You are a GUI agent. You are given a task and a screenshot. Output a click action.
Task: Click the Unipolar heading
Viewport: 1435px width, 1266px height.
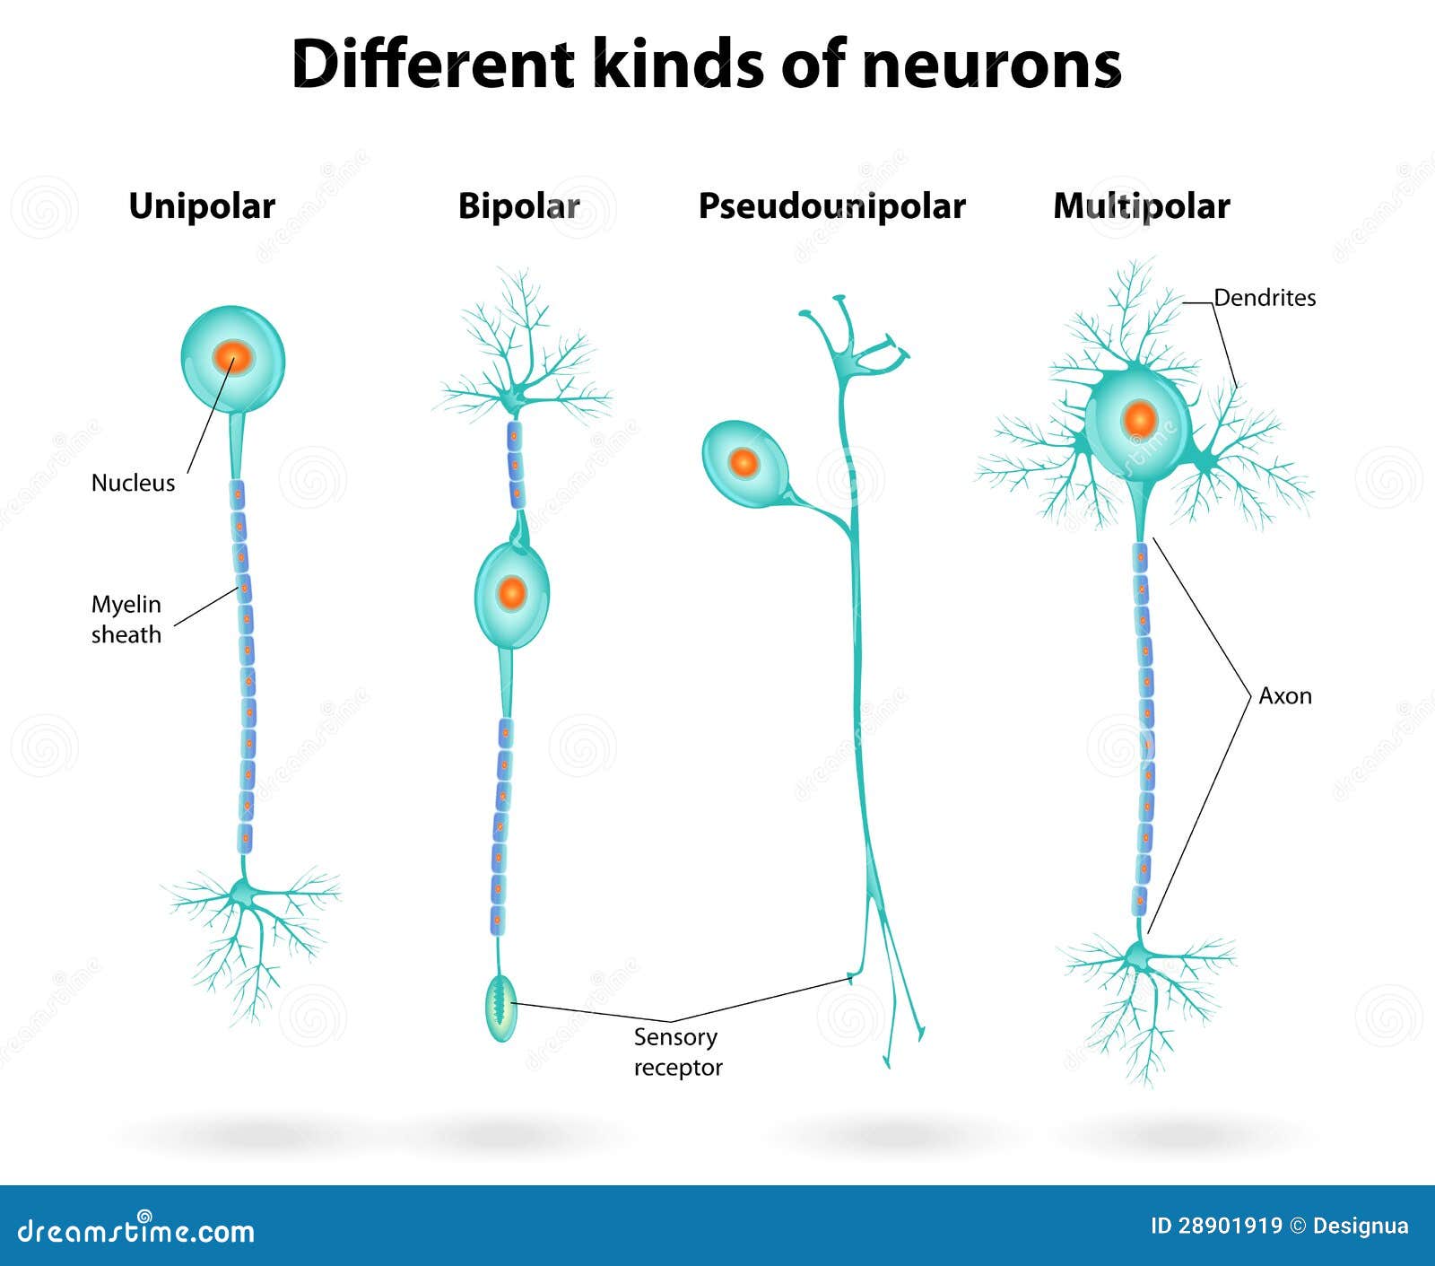click(202, 206)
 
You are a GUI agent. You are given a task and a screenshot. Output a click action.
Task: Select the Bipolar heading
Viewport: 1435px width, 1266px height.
click(518, 206)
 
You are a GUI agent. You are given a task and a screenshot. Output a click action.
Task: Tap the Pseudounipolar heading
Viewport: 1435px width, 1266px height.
click(831, 206)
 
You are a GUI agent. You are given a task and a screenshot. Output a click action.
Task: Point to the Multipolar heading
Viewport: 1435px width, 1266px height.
click(1141, 206)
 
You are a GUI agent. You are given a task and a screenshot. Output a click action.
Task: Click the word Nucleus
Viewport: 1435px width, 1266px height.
click(133, 483)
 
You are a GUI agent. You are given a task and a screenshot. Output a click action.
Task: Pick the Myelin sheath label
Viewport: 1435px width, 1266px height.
click(126, 619)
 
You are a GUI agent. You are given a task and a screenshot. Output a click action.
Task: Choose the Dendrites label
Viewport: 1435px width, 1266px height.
click(1265, 298)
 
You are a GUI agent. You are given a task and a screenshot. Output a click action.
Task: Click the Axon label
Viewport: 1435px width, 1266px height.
click(1284, 696)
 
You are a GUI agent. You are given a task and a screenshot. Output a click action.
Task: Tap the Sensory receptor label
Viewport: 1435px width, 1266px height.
click(677, 1052)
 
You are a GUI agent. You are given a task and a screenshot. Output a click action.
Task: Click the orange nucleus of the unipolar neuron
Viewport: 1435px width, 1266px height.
click(233, 358)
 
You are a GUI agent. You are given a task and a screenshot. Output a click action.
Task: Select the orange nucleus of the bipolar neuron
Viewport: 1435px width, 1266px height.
click(511, 592)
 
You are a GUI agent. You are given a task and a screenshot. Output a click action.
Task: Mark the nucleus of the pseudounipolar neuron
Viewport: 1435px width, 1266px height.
click(744, 463)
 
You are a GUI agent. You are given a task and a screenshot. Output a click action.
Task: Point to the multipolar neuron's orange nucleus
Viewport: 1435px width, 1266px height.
click(1140, 419)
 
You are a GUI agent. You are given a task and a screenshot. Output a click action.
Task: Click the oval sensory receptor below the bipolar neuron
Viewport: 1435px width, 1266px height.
click(501, 1008)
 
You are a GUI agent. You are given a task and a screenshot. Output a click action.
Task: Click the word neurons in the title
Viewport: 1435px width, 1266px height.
click(991, 65)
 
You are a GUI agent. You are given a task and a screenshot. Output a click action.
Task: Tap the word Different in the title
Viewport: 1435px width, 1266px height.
click(432, 65)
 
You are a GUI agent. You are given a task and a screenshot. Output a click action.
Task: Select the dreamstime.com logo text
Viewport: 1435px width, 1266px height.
click(136, 1231)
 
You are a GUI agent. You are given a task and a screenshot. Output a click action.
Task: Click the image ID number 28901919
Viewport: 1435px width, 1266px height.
click(1230, 1226)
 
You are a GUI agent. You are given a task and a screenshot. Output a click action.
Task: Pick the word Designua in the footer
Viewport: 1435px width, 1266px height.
click(1361, 1226)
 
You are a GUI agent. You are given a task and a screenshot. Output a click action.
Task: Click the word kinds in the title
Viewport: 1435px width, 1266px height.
click(678, 65)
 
